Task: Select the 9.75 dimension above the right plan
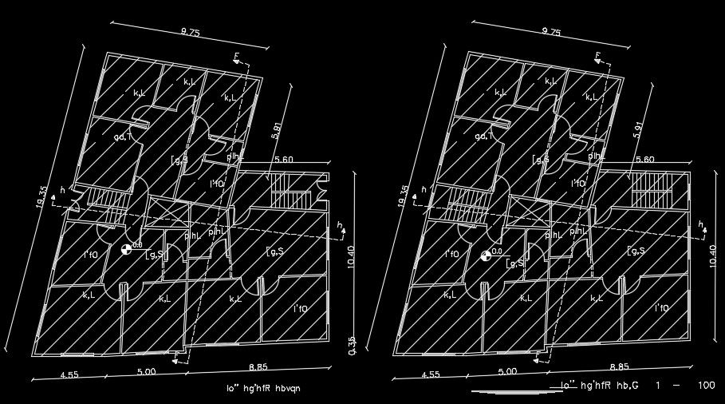[x=551, y=33]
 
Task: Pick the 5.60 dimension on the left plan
[x=284, y=160]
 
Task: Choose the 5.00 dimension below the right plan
[x=507, y=371]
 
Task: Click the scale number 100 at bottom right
[x=705, y=386]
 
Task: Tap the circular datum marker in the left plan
[x=125, y=251]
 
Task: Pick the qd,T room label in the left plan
[x=123, y=137]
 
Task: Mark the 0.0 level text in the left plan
[x=137, y=246]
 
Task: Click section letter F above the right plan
[x=598, y=55]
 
